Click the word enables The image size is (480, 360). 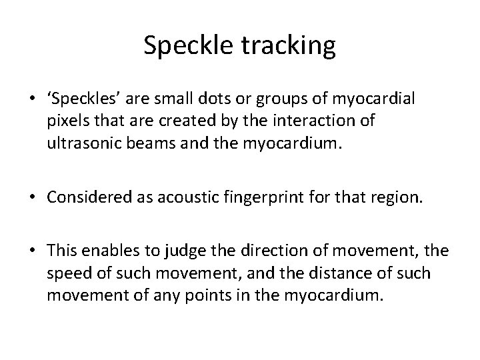[x=110, y=251]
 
